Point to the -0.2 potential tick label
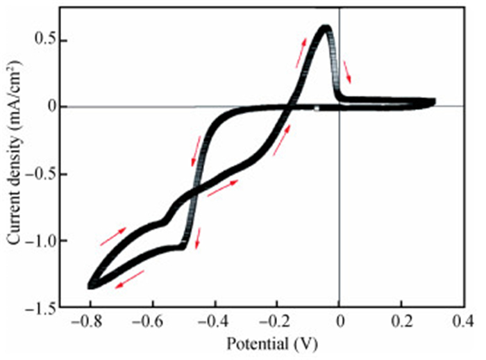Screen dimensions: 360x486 276,322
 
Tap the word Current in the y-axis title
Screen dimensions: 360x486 14,221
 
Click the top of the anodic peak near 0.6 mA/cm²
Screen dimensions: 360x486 324,28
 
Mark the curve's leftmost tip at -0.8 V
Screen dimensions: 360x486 91,284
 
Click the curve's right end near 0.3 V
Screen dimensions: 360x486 433,102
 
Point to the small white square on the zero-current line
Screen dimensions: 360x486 317,108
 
